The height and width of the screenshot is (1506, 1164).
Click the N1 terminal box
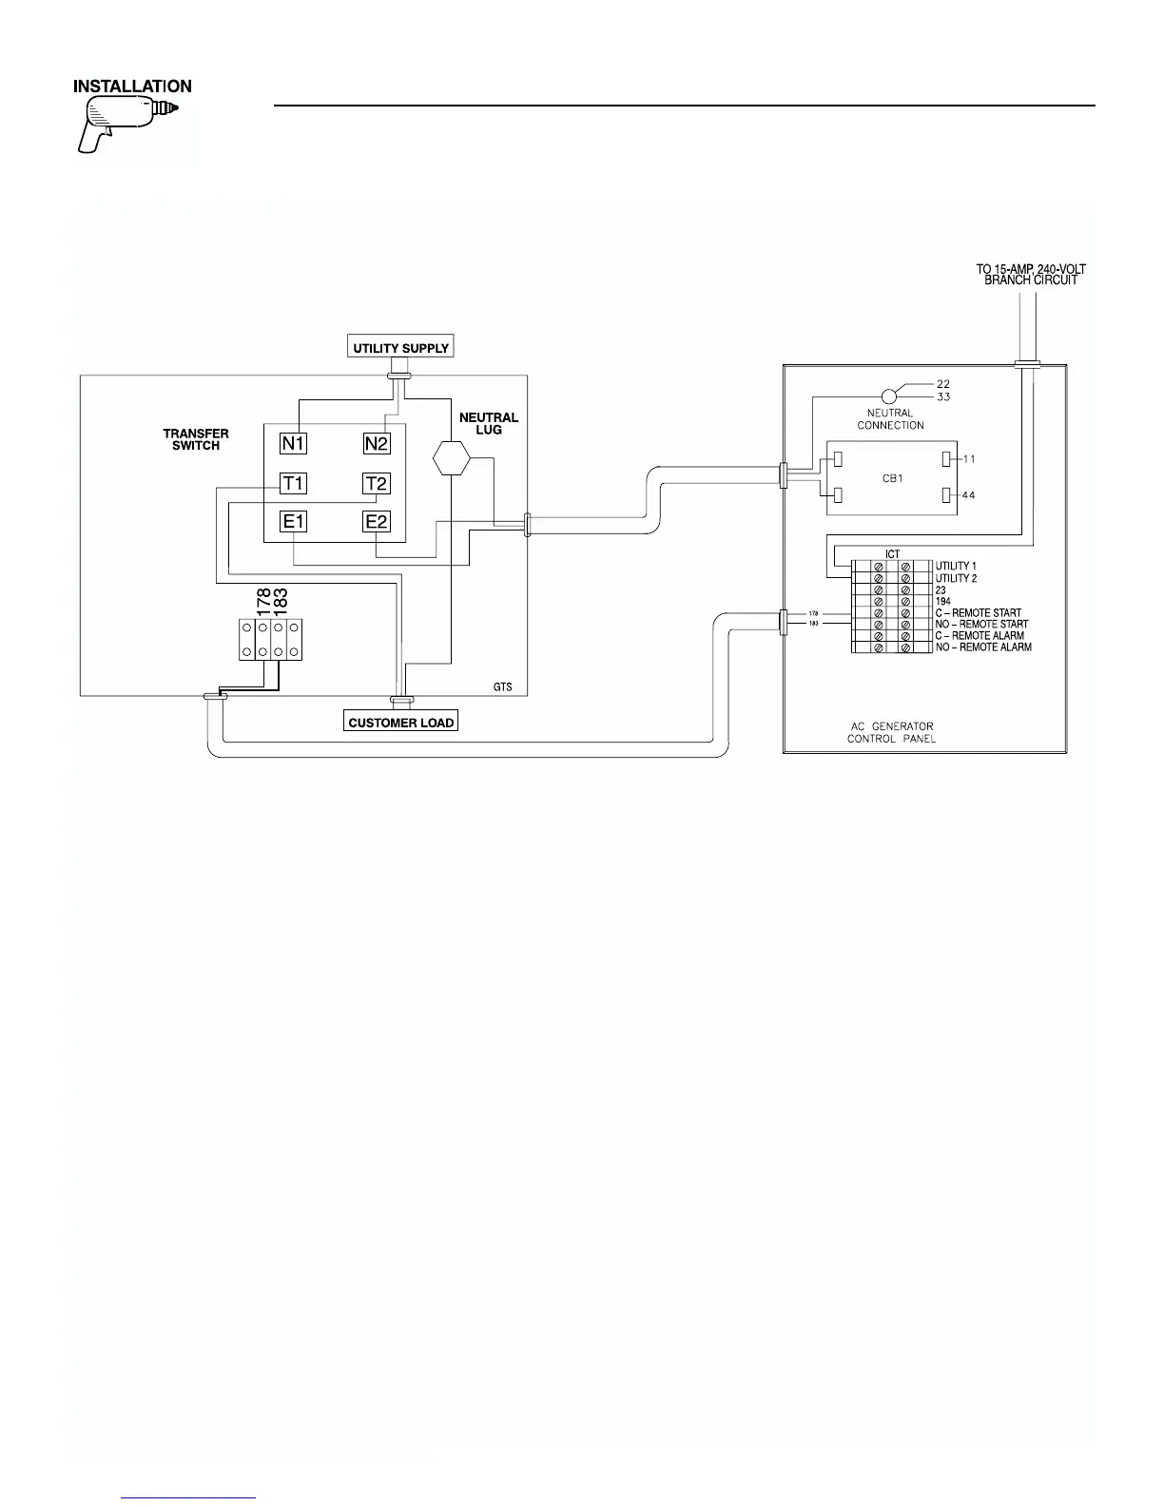pyautogui.click(x=293, y=443)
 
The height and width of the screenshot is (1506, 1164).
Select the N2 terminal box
pyautogui.click(x=378, y=443)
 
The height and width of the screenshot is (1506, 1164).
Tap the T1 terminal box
pyautogui.click(x=293, y=484)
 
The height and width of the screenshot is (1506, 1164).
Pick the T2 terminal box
pyautogui.click(x=378, y=484)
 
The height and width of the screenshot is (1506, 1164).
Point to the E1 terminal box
pyautogui.click(x=293, y=521)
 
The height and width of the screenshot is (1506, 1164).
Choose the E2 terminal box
pyautogui.click(x=378, y=521)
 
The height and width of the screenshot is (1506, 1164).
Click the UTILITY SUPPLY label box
pyautogui.click(x=400, y=347)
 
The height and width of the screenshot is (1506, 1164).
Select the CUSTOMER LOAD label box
pyautogui.click(x=400, y=723)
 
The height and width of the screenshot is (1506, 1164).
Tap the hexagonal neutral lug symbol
pyautogui.click(x=452, y=458)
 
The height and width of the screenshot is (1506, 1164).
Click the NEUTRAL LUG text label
pyautogui.click(x=489, y=423)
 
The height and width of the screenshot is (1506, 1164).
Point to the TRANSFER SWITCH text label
pyautogui.click(x=196, y=439)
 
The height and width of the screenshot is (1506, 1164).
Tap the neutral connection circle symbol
pyautogui.click(x=889, y=396)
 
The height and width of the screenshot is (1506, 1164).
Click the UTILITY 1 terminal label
pyautogui.click(x=956, y=567)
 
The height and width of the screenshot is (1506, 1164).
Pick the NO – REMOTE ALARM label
pyautogui.click(x=983, y=647)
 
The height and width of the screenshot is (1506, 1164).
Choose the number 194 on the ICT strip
pyautogui.click(x=942, y=602)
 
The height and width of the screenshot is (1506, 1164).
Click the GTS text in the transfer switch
pyautogui.click(x=502, y=685)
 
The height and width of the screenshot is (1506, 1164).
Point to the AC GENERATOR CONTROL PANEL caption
pyautogui.click(x=891, y=733)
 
